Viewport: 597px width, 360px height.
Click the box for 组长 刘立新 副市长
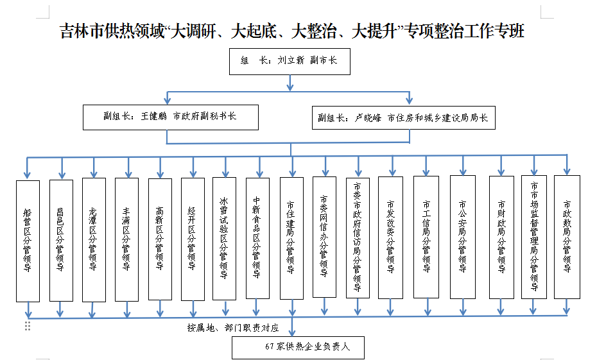pos(290,61)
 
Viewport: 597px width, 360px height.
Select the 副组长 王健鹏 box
pos(170,117)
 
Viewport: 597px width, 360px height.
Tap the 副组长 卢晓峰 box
pos(403,117)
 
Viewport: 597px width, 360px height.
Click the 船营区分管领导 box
pos(28,241)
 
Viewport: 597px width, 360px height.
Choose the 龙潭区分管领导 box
pos(94,239)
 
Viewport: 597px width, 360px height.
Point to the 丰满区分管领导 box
pos(126,239)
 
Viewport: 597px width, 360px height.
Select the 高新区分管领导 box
pos(160,239)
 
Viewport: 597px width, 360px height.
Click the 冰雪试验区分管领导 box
pos(224,238)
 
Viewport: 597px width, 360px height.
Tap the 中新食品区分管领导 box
pos(257,238)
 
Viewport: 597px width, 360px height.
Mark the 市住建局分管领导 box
pos(291,239)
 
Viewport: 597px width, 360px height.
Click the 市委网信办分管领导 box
pos(324,237)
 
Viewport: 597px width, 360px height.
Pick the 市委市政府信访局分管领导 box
pos(358,237)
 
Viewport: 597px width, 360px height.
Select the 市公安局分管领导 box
pos(462,237)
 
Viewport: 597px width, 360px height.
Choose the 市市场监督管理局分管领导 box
pos(534,237)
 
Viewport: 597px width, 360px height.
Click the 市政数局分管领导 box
pos(567,237)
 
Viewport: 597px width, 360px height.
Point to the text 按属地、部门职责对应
pos(233,328)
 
